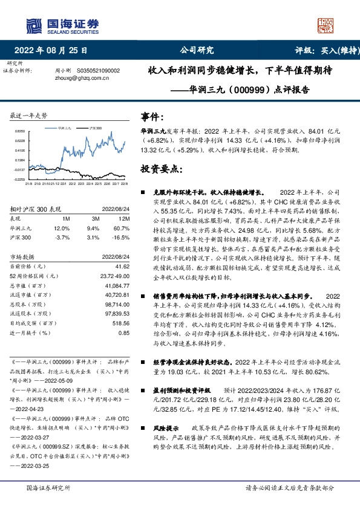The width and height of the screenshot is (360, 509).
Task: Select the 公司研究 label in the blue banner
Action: click(x=197, y=51)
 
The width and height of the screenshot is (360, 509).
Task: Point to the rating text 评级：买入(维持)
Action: click(x=319, y=51)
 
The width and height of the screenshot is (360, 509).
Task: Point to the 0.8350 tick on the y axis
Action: click(x=20, y=132)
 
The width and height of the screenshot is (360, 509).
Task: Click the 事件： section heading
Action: click(x=151, y=117)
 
